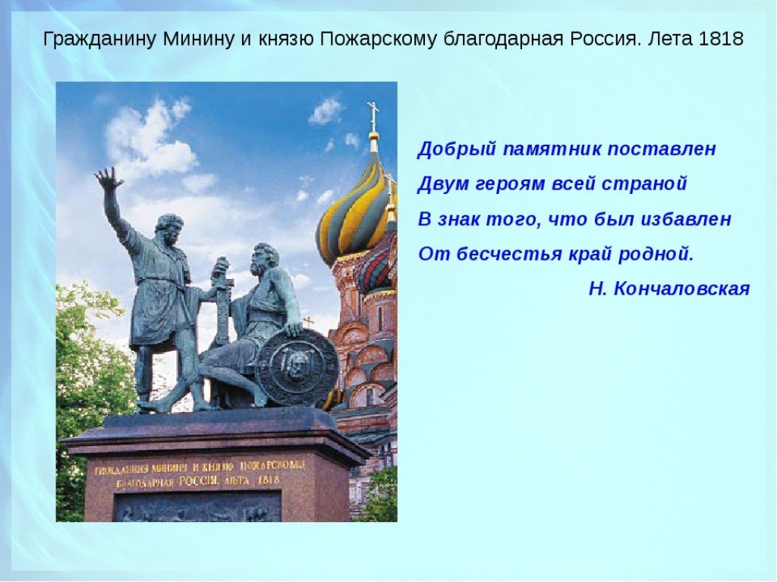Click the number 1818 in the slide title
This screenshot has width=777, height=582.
tap(721, 39)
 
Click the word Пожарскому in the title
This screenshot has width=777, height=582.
tap(378, 39)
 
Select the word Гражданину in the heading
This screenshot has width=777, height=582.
tap(100, 39)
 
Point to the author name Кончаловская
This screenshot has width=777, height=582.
tap(681, 289)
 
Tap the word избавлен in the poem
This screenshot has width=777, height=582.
tap(686, 218)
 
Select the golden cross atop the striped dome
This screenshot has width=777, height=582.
tap(373, 115)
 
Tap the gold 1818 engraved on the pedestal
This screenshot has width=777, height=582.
tap(269, 480)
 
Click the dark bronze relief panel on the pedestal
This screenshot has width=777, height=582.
tap(198, 506)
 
